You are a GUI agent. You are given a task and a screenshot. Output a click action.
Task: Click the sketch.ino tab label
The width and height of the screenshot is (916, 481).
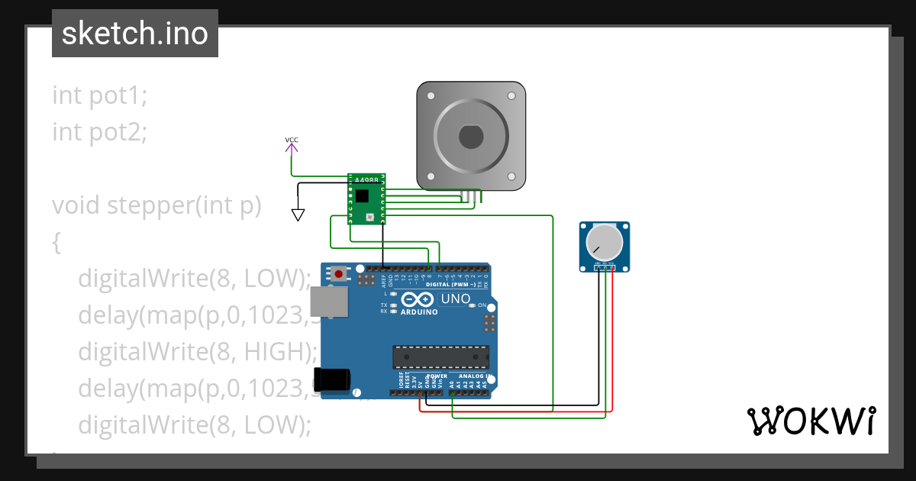[x=135, y=34]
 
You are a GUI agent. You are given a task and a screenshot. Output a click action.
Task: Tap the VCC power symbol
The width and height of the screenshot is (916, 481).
[x=292, y=144]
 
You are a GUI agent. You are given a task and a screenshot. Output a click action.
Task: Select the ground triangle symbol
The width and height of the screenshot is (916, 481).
[x=298, y=215]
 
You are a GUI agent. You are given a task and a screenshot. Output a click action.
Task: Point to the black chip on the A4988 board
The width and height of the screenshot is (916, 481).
[x=362, y=196]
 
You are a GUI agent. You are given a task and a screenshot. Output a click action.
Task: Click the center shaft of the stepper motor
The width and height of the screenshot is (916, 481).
[x=471, y=137]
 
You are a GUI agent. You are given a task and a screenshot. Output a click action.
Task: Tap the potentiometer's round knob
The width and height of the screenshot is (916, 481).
[x=604, y=243]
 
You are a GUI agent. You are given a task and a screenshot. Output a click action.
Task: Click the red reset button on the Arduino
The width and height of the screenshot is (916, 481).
[x=339, y=271]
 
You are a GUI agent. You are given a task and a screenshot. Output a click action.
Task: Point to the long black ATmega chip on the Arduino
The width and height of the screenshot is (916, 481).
[x=440, y=357]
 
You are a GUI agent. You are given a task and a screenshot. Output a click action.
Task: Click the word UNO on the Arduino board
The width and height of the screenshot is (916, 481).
[x=456, y=299]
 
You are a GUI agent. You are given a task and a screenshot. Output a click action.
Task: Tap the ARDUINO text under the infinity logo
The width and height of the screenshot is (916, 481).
[x=419, y=312]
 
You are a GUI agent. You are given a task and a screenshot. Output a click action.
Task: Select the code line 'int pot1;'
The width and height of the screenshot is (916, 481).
[x=99, y=95]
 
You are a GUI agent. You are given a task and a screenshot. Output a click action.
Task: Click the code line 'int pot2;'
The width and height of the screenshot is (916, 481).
[x=99, y=132]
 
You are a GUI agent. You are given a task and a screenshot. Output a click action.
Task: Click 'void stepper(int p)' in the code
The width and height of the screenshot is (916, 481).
[x=156, y=205]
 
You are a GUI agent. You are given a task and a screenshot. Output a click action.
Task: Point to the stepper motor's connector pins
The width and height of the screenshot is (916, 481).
[x=471, y=198]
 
